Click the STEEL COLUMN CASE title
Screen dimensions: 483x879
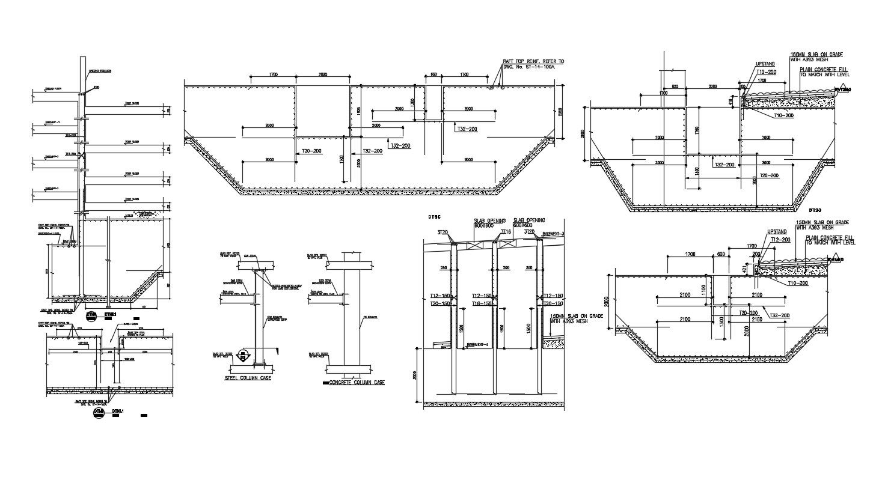point(240,380)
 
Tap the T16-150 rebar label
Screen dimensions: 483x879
point(482,304)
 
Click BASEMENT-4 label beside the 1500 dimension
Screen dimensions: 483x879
point(479,344)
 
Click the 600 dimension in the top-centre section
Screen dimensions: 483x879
point(433,75)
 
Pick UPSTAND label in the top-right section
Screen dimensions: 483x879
point(765,63)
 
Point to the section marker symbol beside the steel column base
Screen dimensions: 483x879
point(244,356)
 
